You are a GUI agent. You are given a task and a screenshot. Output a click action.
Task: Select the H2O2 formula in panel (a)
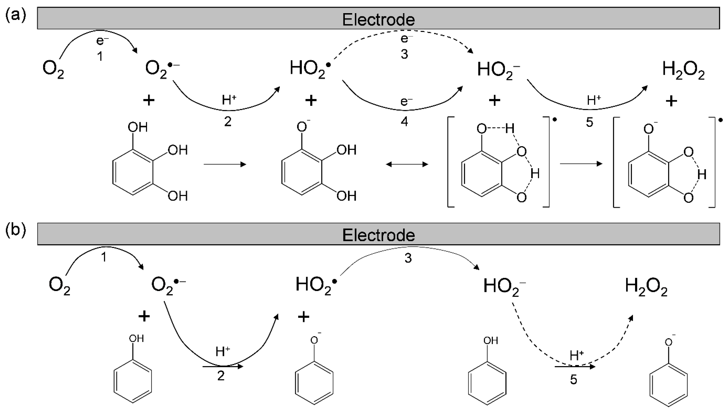coord(683,70)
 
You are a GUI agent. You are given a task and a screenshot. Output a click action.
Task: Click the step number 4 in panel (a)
coord(404,122)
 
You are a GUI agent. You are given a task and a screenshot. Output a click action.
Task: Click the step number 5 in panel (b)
coord(573,380)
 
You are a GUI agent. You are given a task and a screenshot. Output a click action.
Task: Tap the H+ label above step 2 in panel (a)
coord(229,100)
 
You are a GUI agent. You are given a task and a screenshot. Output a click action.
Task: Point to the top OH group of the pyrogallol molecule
coord(138,127)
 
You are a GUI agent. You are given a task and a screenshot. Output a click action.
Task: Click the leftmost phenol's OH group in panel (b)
coord(136,339)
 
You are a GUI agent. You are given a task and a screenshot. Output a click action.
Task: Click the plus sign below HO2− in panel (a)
coord(494,100)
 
